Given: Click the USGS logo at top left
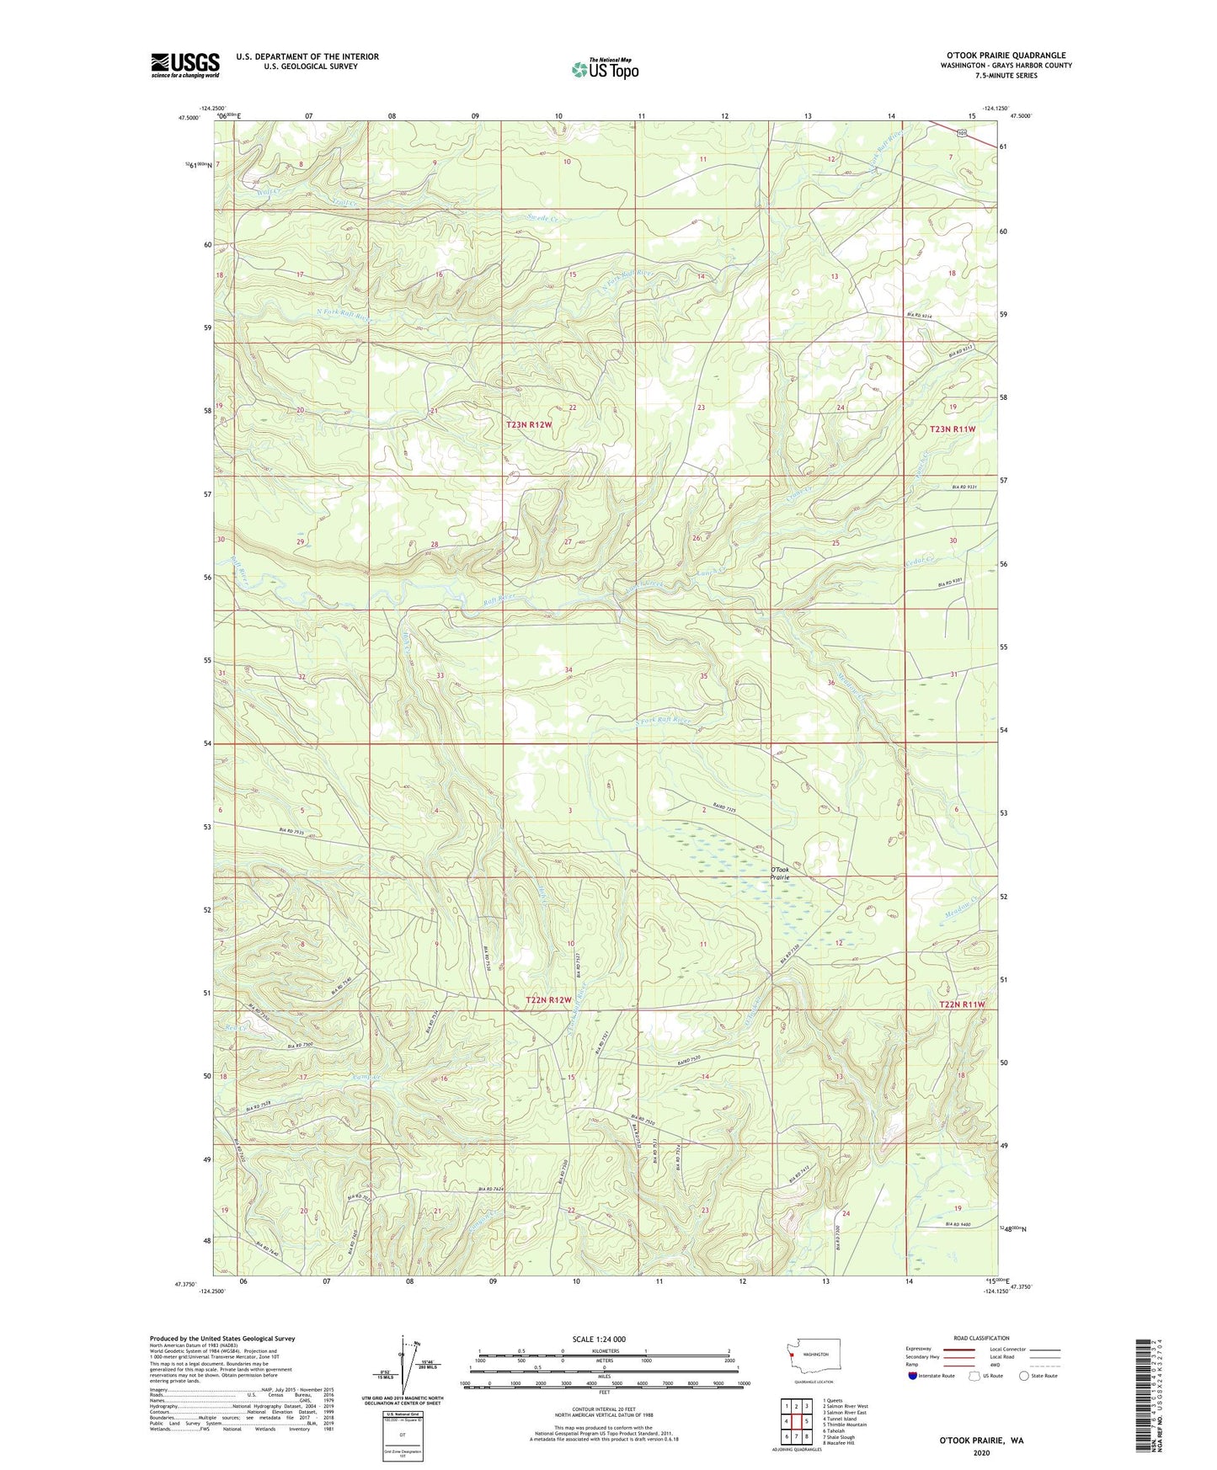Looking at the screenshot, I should pyautogui.click(x=184, y=65).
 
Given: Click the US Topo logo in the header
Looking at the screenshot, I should pyautogui.click(x=605, y=69).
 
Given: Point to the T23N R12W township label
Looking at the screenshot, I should pyautogui.click(x=529, y=425).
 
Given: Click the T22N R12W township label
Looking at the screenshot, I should pyautogui.click(x=549, y=999).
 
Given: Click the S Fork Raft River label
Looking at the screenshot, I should pyautogui.click(x=663, y=721).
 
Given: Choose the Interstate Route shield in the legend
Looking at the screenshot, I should pyautogui.click(x=913, y=1376).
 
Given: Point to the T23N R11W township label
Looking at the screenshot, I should pyautogui.click(x=952, y=429).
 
